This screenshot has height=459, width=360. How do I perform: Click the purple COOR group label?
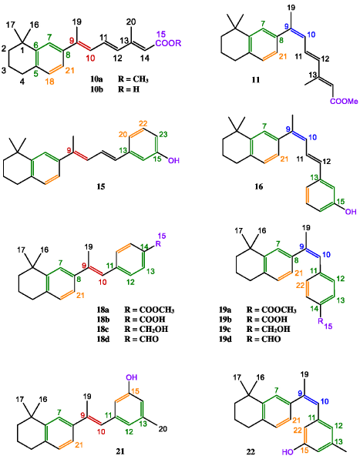[x=168, y=43]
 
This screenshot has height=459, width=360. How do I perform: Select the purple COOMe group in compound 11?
[x=344, y=102]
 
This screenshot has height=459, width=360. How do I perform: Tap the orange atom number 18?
[x=49, y=82]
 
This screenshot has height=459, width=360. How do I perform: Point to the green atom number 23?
[x=163, y=134]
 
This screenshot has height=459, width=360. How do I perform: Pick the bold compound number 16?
[x=259, y=186]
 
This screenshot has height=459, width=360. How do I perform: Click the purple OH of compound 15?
[x=173, y=160]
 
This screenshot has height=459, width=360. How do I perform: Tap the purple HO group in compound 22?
[x=288, y=452]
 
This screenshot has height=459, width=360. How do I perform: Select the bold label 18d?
[x=103, y=339]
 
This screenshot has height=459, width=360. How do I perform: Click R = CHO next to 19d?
[x=264, y=339]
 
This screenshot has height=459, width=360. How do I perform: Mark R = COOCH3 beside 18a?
[x=150, y=310]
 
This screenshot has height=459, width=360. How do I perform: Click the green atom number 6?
[x=35, y=44]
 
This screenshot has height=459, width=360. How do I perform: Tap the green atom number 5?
[x=35, y=74]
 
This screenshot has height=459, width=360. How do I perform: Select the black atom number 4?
[x=22, y=82]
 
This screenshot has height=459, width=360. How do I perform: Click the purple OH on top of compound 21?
[x=132, y=377]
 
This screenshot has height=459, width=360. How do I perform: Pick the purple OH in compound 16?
[x=351, y=211]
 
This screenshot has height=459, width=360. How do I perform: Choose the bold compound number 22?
[x=251, y=452]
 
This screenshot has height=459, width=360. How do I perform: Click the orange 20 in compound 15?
[x=123, y=134]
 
